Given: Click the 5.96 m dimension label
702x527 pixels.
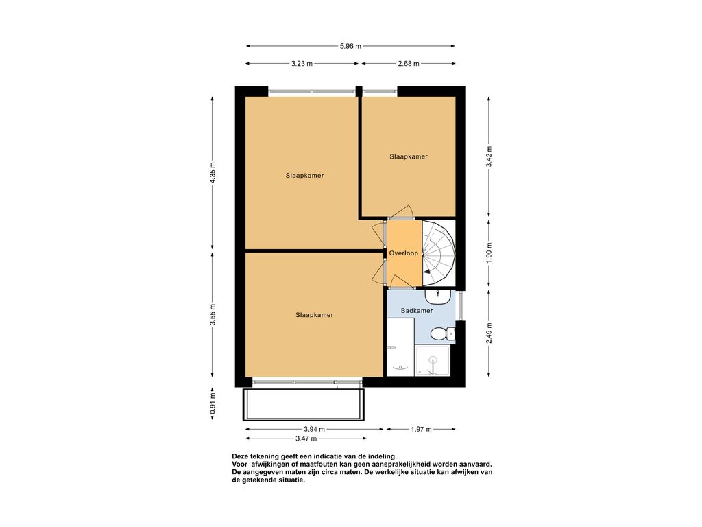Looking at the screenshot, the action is coord(350,46).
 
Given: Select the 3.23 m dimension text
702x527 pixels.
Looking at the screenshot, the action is coord(302,64).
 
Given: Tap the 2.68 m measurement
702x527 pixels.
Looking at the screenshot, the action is coord(409,64).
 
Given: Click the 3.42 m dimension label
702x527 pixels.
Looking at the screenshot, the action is coord(489,157).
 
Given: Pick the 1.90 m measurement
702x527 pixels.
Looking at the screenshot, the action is coord(489,253).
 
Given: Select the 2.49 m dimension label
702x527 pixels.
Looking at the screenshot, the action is coord(489,333).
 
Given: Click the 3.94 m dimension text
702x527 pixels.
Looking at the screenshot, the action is coord(314,430).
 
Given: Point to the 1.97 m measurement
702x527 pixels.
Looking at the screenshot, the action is coord(421,430).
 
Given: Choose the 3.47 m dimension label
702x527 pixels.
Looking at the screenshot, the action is coord(306,438).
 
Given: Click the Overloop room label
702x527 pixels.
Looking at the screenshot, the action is coord(403,253).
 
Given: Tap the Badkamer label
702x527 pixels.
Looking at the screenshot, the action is coord(417,311).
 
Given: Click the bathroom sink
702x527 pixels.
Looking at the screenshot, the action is coord(437,296).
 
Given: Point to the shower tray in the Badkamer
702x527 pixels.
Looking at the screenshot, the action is coord(432,361).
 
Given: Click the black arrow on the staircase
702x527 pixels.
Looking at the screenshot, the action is coord(428,271).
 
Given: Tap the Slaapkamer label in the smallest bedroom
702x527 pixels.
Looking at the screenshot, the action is coord(409,157).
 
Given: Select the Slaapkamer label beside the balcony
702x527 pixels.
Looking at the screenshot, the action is coord(314,315).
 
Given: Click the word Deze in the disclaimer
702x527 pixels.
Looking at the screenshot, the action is coord(240,456).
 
